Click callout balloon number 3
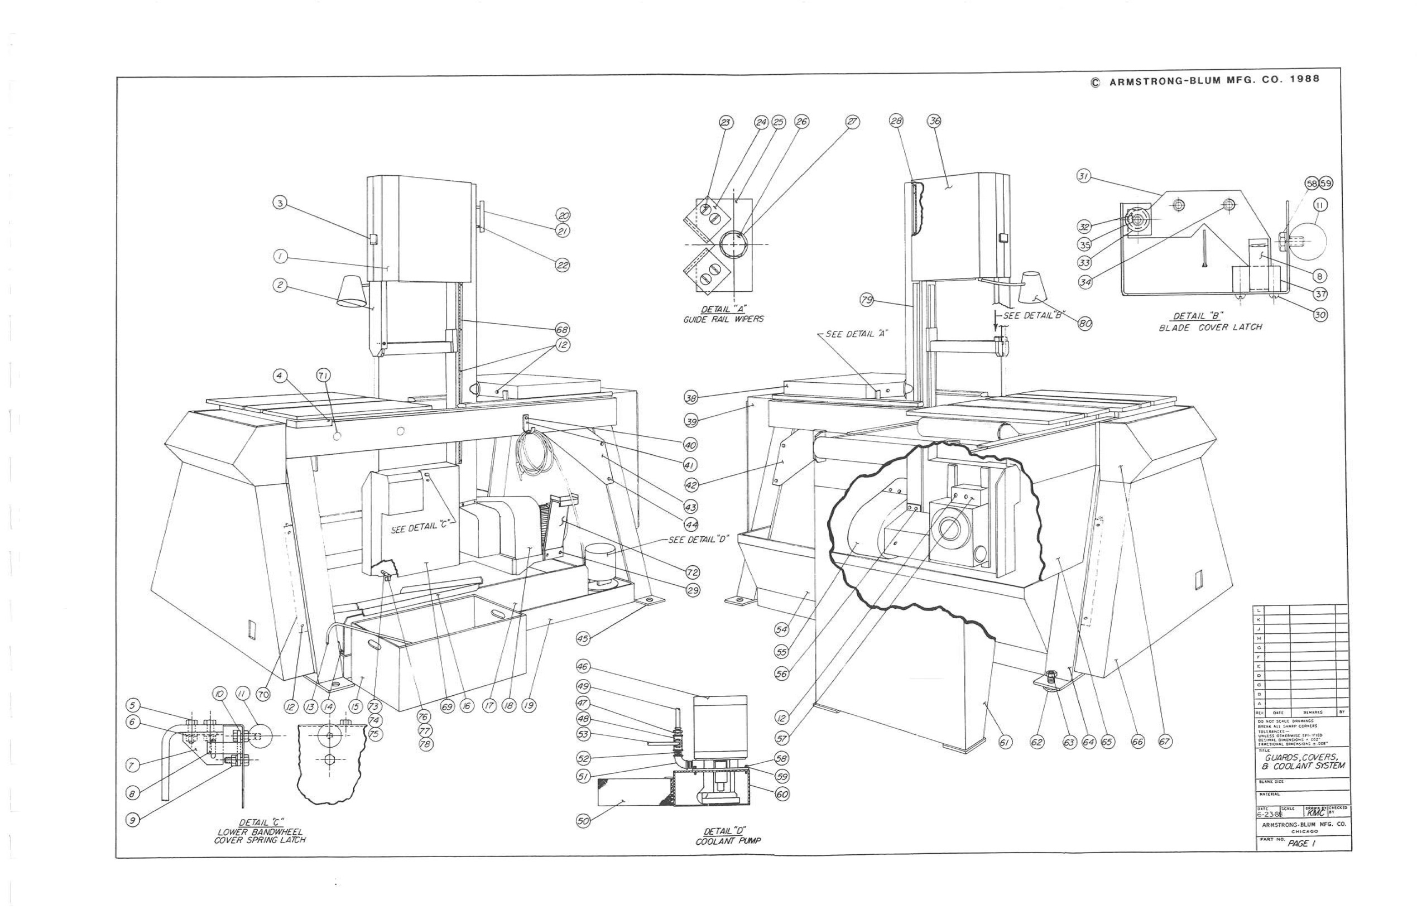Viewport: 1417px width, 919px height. point(280,203)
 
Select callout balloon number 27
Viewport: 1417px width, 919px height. point(853,122)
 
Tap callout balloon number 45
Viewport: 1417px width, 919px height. point(583,639)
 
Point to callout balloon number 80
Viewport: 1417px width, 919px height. point(1085,324)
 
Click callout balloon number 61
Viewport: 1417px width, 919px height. point(1005,742)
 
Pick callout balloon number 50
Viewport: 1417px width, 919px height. point(583,821)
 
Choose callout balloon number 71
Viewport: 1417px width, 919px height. point(323,375)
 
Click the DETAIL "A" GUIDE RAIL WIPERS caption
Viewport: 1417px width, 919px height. point(723,314)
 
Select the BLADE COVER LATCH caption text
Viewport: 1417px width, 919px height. point(1210,328)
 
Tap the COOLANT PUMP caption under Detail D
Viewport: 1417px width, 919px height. point(728,841)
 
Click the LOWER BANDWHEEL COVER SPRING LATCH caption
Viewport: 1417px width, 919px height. point(260,836)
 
